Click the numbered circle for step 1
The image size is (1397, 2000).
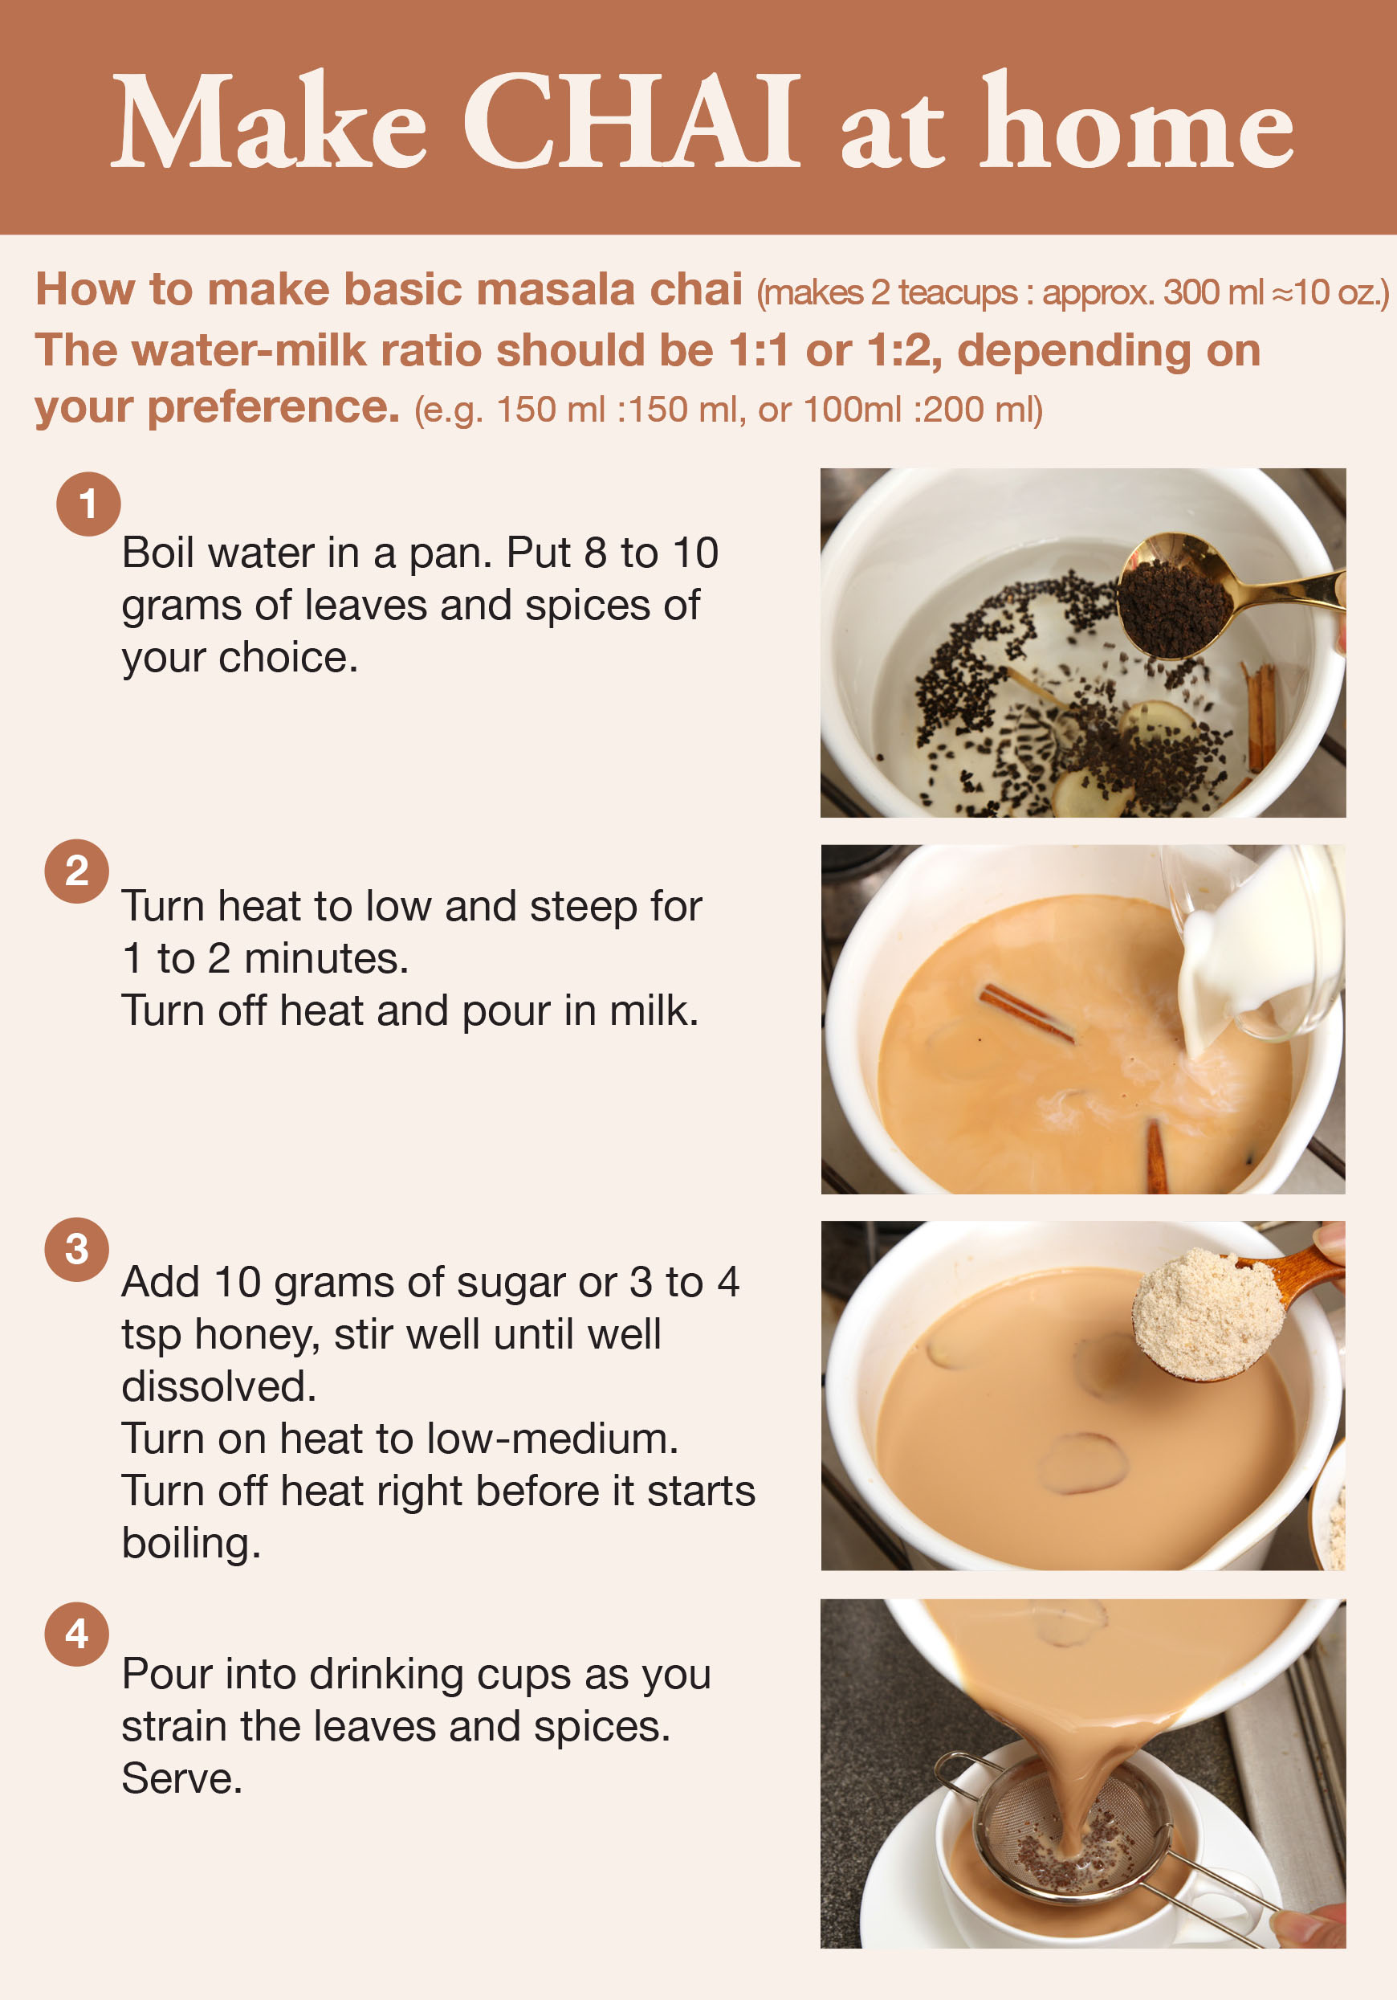coord(88,504)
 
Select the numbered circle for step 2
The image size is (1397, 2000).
coord(76,871)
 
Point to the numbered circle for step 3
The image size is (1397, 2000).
coord(76,1248)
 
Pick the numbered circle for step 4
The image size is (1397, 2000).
coord(76,1635)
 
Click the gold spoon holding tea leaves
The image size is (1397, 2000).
coord(1220,597)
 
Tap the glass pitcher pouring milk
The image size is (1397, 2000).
coord(1259,945)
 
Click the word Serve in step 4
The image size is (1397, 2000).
coord(181,1779)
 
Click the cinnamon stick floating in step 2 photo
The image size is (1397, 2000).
coord(1026,1013)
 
